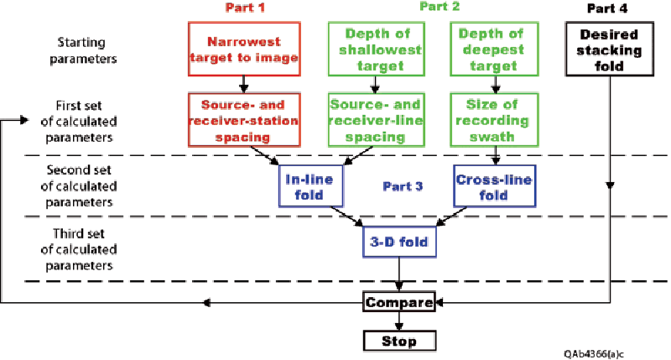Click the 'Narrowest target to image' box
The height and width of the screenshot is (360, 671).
coord(242,49)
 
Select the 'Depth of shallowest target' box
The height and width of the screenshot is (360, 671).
coord(374,49)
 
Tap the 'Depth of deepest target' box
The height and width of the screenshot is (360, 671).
coord(494,49)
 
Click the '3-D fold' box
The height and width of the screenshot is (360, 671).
coord(399,243)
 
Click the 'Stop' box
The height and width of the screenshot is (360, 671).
coord(398,340)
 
